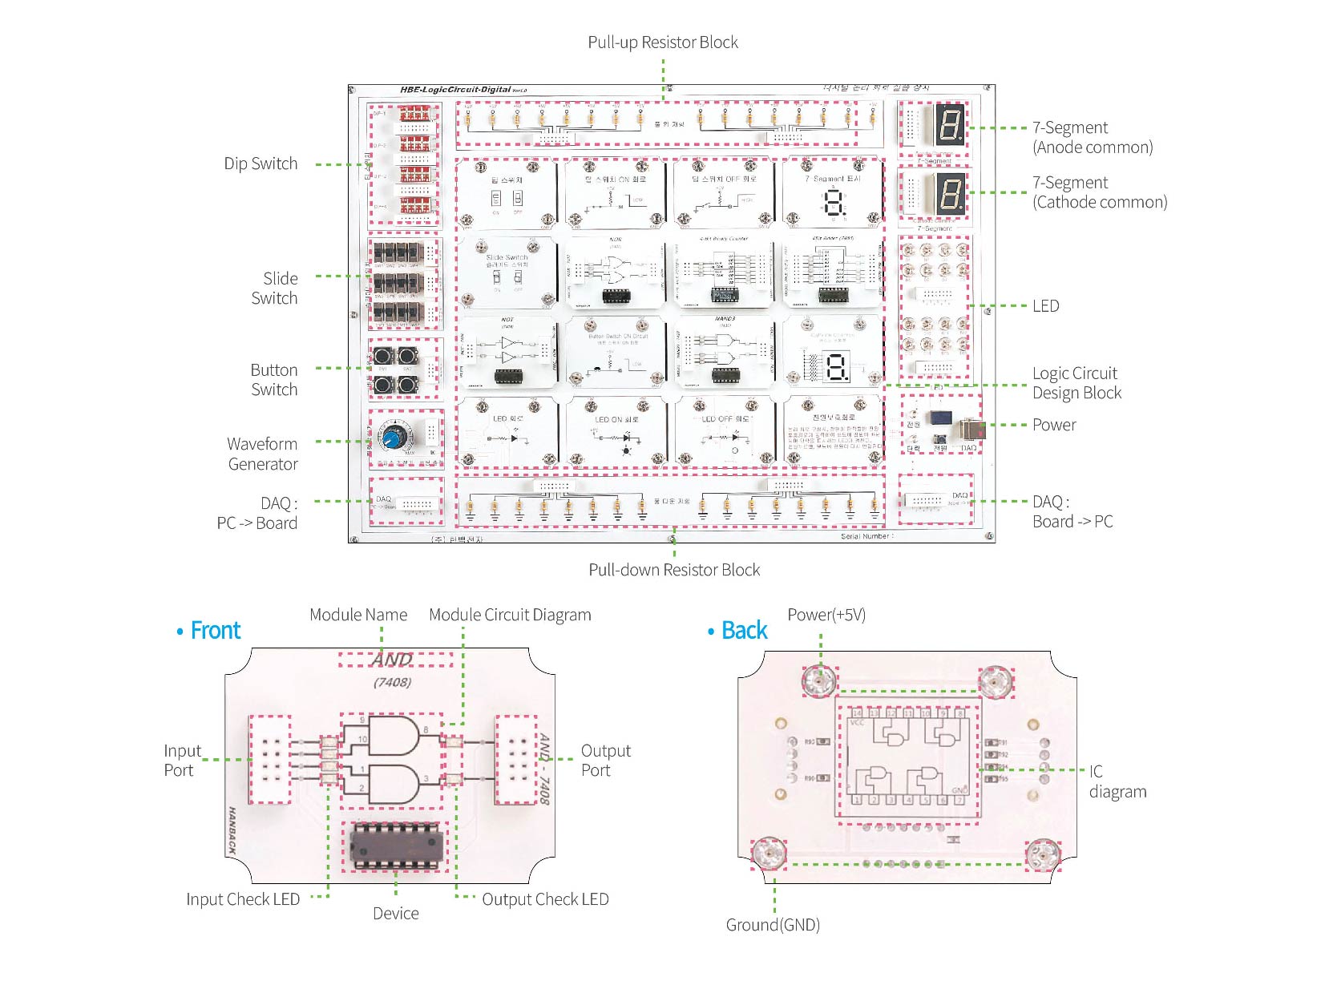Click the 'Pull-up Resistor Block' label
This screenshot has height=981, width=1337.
[662, 42]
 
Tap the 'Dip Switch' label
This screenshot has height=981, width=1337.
[261, 163]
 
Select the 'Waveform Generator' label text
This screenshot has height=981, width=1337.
[262, 454]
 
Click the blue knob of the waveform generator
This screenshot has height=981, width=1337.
[393, 438]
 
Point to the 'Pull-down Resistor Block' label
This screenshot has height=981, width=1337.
[674, 570]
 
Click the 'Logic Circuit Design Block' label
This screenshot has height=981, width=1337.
[1076, 383]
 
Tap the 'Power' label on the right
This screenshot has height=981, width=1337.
[1054, 425]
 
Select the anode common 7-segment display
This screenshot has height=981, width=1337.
[950, 125]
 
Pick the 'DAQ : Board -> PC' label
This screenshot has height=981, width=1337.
[1072, 511]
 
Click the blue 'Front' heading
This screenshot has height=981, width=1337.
[215, 631]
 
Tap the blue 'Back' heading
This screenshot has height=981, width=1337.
[744, 631]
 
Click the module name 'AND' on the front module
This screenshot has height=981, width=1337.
[392, 660]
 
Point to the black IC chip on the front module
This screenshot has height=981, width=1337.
[396, 846]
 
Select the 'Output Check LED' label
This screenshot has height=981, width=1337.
[545, 899]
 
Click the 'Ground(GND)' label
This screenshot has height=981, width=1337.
[773, 925]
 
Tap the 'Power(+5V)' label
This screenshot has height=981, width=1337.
[826, 615]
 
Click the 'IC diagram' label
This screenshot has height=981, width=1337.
[1117, 781]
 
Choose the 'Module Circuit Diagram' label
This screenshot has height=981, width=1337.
[510, 615]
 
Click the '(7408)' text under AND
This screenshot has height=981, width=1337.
[392, 682]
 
